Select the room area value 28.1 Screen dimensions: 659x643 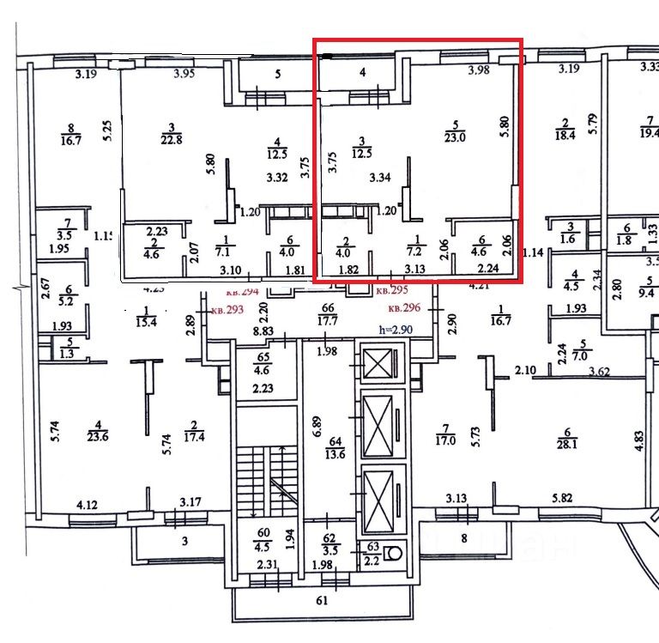[567, 444]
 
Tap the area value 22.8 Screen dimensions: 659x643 [173, 142]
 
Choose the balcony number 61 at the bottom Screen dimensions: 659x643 [323, 601]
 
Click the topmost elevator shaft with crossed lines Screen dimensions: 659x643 [375, 364]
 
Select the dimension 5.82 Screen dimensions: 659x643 [562, 499]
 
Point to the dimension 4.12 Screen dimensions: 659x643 [88, 505]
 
